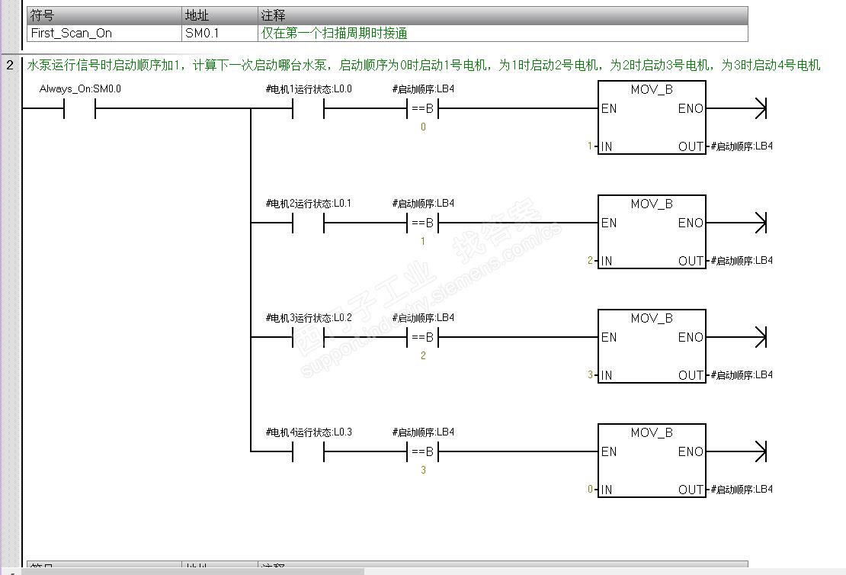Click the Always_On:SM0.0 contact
point(79,109)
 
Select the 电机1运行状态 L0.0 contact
point(308,109)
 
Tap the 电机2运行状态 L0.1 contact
point(308,223)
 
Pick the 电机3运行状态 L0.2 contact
point(308,338)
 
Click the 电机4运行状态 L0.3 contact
point(308,452)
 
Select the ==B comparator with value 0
point(422,109)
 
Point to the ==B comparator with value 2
point(422,338)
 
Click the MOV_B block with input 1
point(652,117)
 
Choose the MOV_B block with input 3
point(652,346)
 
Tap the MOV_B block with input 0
point(652,461)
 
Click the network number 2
point(10,66)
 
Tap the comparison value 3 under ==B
point(423,471)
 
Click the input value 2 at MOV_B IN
point(590,261)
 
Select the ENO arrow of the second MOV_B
point(758,223)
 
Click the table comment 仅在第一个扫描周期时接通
point(335,34)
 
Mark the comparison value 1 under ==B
point(423,242)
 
